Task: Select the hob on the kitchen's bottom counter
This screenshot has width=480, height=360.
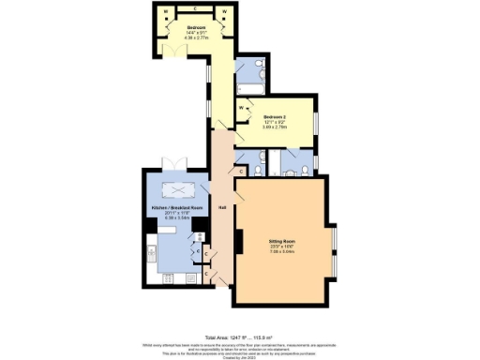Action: (170, 277)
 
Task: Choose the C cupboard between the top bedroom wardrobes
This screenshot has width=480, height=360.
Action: (195, 9)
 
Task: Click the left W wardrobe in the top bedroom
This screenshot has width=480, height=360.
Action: (165, 11)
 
